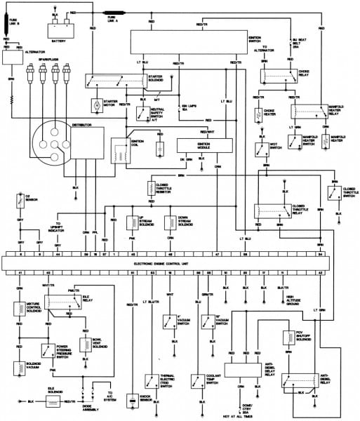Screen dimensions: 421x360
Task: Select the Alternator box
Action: pyautogui.click(x=13, y=58)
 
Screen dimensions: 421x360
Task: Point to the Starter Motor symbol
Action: pyautogui.click(x=96, y=105)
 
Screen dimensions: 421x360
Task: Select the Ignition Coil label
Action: pyautogui.click(x=138, y=144)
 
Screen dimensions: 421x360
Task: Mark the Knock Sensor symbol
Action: pyautogui.click(x=131, y=401)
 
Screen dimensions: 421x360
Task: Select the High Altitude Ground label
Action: pyautogui.click(x=294, y=299)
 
